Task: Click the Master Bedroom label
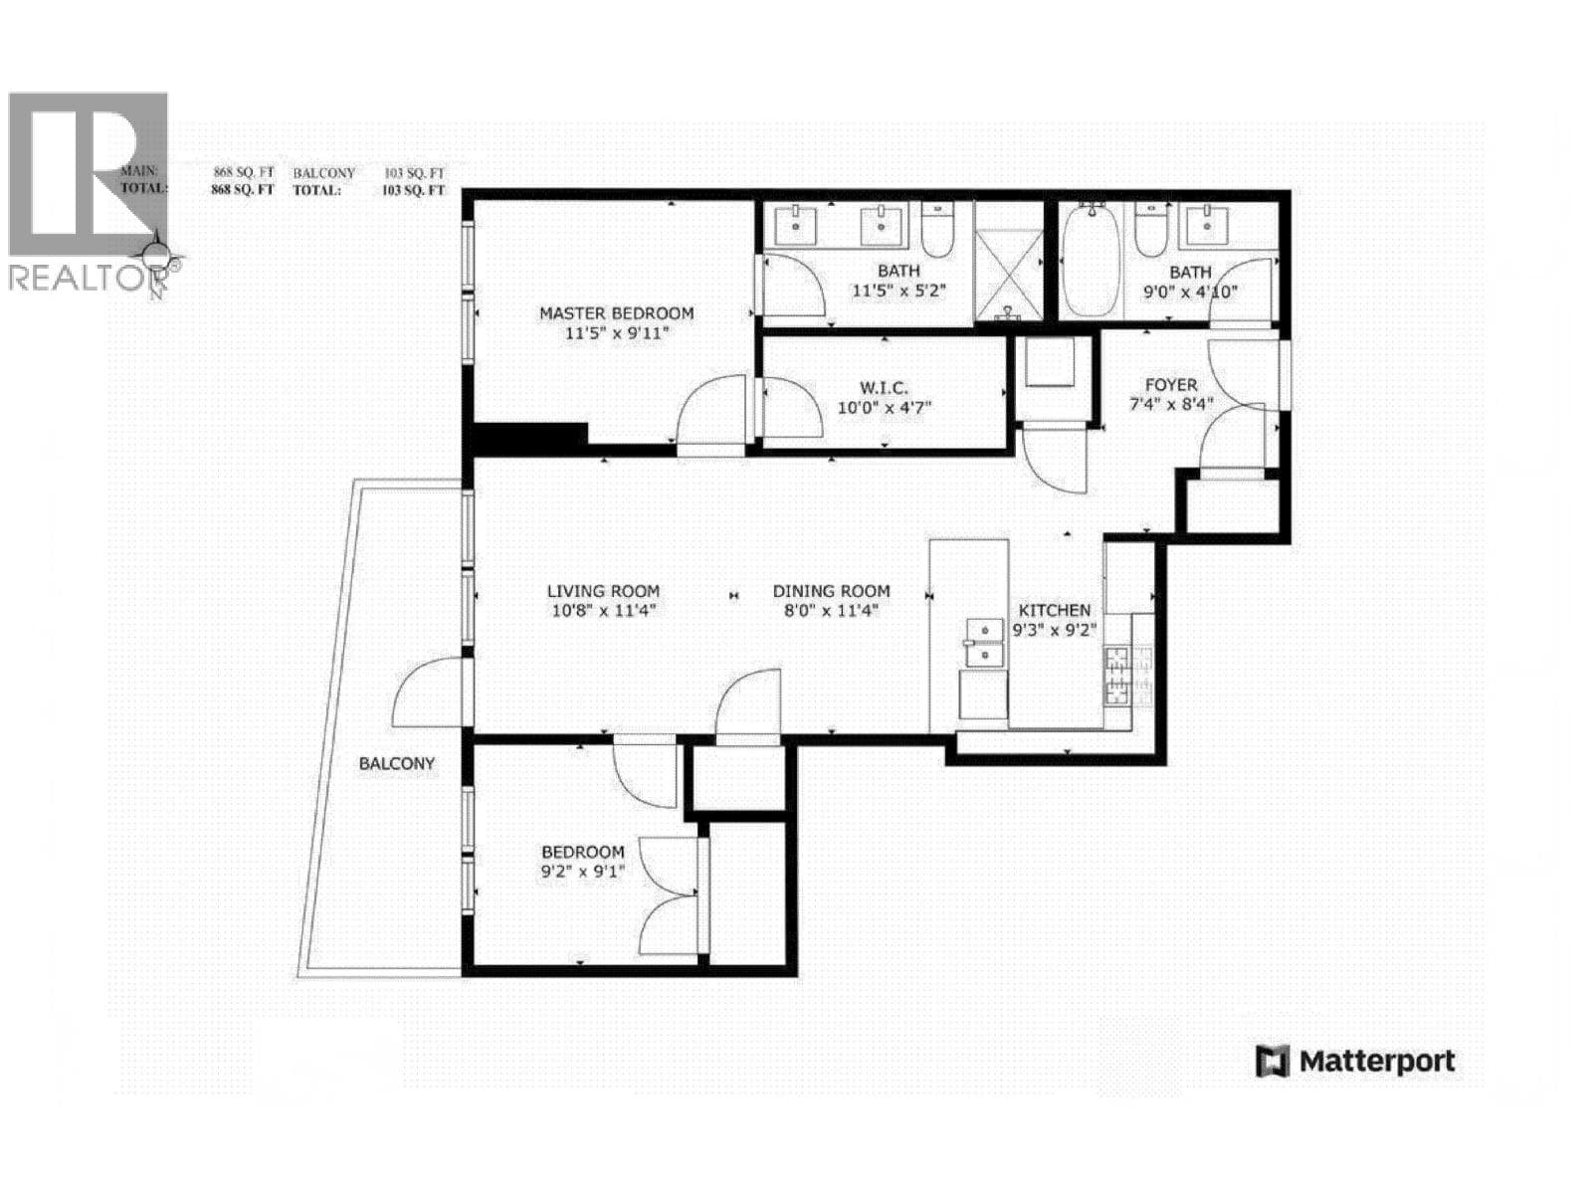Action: pos(616,313)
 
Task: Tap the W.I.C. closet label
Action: pos(883,387)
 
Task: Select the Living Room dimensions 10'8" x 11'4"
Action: pos(604,611)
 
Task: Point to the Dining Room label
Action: pos(831,591)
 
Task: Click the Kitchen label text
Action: pos(1054,610)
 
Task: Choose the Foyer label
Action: pos(1171,385)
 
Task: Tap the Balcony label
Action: pos(397,763)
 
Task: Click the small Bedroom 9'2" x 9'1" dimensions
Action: pos(583,873)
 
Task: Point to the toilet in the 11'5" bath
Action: pos(937,228)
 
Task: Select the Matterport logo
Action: pos(1355,1062)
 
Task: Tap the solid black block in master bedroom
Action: pos(529,437)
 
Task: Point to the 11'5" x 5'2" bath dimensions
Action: pos(898,291)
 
